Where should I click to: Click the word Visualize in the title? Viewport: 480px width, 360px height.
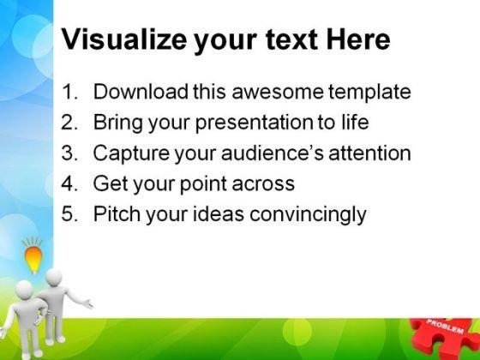124,39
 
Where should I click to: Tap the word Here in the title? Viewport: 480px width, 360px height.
358,39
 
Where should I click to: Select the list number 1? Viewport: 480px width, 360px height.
69,92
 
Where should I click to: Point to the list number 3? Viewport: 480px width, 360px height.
69,153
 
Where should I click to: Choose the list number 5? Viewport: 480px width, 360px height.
69,213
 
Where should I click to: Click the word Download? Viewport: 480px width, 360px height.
141,91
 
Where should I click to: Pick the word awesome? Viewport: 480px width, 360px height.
278,92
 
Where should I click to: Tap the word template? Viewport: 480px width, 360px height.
369,93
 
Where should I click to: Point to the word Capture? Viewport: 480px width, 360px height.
131,153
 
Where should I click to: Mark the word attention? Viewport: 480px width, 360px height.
369,153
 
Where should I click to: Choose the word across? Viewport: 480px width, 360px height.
263,184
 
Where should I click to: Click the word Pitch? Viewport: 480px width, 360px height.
117,213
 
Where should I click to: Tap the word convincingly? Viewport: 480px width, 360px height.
308,215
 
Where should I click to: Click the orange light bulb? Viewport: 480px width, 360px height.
33,259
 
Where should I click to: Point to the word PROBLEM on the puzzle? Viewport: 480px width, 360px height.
445,327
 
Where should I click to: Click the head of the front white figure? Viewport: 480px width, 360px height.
24,290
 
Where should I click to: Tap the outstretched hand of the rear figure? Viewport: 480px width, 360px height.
88,303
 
